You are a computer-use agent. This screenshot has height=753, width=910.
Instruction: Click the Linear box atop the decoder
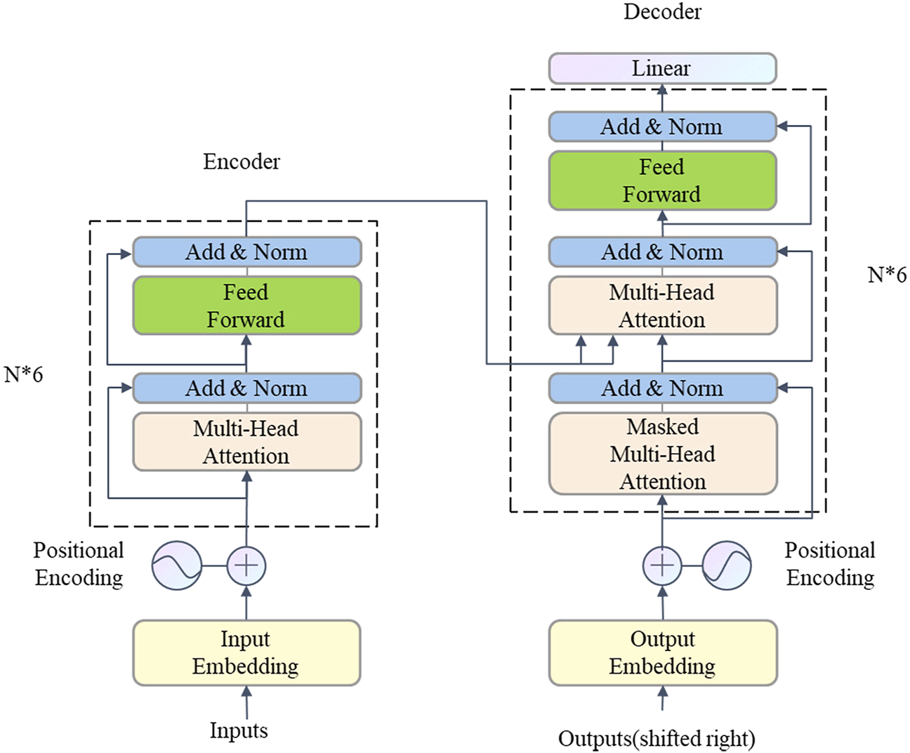(x=662, y=69)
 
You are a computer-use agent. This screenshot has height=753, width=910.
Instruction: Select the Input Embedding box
(x=246, y=653)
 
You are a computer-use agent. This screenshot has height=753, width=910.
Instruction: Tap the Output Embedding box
(x=663, y=653)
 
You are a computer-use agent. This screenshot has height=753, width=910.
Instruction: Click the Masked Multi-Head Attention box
(x=663, y=454)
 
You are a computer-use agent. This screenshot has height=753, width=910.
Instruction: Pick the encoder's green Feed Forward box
(x=246, y=306)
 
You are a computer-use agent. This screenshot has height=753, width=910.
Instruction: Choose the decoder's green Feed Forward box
(x=662, y=181)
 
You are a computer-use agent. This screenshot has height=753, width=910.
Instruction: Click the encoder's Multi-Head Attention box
(x=246, y=442)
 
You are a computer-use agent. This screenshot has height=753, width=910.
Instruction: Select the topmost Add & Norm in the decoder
(x=662, y=127)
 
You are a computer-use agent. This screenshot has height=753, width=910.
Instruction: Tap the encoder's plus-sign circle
(x=246, y=565)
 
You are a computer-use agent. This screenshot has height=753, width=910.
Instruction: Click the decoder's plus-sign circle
(x=662, y=565)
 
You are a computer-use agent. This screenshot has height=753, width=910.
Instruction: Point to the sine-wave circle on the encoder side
(x=177, y=565)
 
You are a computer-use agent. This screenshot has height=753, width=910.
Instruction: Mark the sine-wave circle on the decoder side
(x=727, y=565)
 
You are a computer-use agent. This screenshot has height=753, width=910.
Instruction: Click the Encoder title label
(x=242, y=162)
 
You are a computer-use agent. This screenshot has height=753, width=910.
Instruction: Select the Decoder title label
(x=662, y=12)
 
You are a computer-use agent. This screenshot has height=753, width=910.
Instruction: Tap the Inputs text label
(x=239, y=731)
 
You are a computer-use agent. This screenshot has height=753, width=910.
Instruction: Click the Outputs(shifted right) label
(x=657, y=739)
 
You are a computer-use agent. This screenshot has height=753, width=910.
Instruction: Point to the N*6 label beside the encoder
(x=23, y=375)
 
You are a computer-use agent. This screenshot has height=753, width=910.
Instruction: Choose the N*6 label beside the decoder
(x=887, y=275)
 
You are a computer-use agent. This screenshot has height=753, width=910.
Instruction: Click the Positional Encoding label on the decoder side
(x=830, y=564)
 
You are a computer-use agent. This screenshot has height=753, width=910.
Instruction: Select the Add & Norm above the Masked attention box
(x=662, y=388)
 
